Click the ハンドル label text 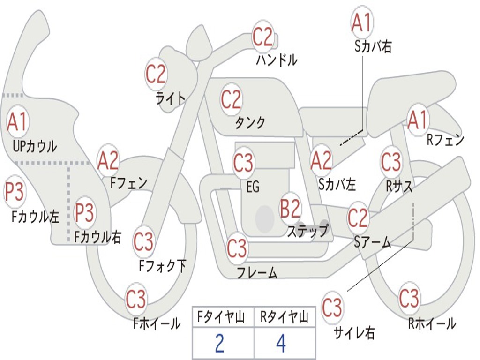tap(277, 60)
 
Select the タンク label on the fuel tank tap(250, 123)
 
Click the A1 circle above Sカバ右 tap(362, 23)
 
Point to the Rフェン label tap(445, 140)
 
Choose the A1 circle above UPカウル tap(17, 122)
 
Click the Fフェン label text tap(128, 182)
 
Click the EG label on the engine tap(253, 187)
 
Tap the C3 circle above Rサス tap(390, 162)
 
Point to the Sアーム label tap(372, 242)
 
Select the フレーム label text tap(257, 272)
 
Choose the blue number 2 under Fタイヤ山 tap(219, 344)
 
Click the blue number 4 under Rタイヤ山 tap(281, 344)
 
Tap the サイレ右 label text tap(354, 332)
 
